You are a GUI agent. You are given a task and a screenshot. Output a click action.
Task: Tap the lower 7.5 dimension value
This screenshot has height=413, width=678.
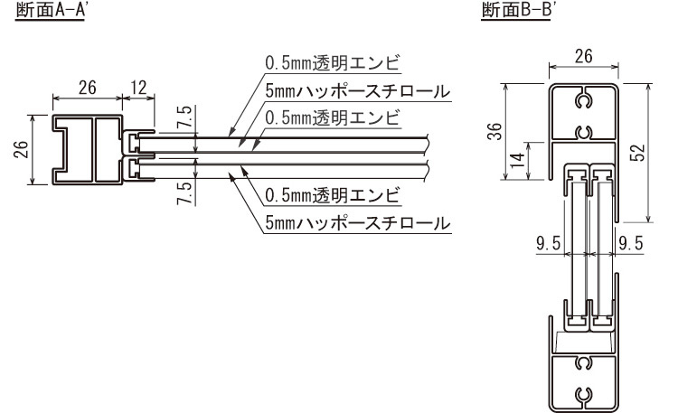coord(184,193)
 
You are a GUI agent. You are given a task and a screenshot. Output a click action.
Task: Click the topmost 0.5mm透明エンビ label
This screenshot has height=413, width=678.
coord(333,62)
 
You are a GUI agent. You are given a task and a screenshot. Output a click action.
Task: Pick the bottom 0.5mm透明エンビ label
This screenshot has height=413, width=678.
coord(333,195)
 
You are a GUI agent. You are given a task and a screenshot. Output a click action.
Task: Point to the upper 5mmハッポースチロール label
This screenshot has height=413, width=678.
coord(358,91)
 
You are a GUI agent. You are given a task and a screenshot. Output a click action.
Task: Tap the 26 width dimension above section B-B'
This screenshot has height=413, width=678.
coord(582,57)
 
